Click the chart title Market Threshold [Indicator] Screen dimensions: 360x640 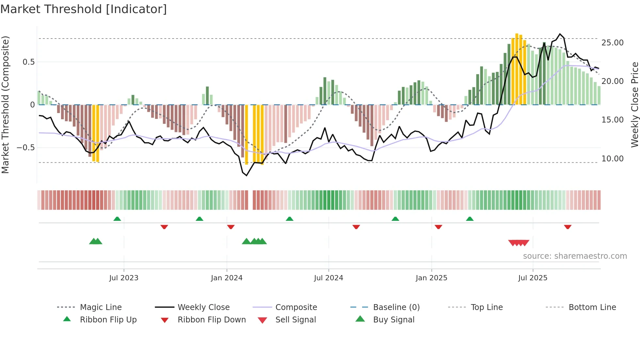coord(84,9)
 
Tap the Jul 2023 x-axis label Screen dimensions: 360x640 coord(124,278)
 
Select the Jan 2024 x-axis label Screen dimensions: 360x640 coord(227,278)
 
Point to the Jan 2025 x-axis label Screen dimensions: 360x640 coord(431,278)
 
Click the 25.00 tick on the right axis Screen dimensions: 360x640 coord(612,43)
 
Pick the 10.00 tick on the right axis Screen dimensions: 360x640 coord(612,159)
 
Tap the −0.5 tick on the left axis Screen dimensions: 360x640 coord(26,148)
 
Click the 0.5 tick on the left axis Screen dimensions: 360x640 coord(28,62)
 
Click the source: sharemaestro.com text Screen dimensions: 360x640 coord(575,256)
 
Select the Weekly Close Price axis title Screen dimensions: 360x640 coord(634,105)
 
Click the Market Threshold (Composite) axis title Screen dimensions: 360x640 coord(5,105)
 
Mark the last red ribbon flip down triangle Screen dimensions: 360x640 coord(568,227)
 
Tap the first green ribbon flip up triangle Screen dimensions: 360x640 coord(117,219)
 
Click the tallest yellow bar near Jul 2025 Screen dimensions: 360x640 coord(517,69)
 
